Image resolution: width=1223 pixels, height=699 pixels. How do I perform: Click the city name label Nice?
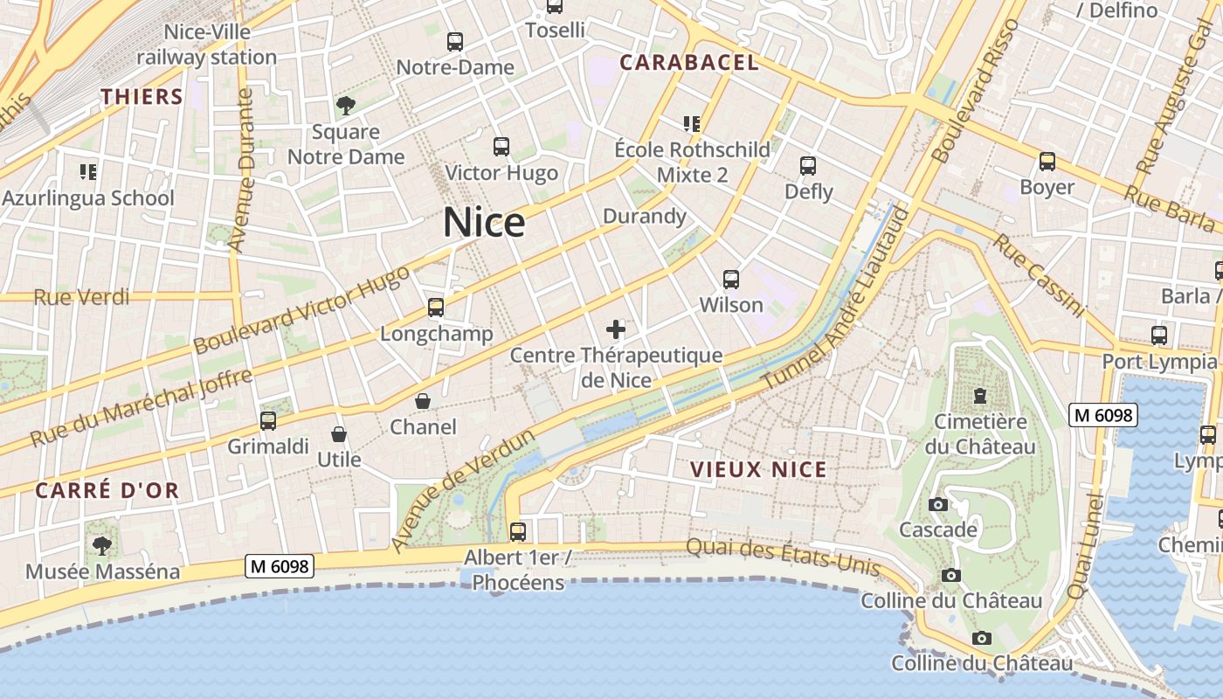click(484, 223)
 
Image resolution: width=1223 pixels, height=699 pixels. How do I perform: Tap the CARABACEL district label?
click(689, 63)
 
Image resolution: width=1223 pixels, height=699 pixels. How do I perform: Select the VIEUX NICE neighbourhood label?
click(758, 469)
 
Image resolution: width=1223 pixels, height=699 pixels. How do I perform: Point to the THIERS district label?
click(142, 97)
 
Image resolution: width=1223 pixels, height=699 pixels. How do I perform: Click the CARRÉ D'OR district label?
click(107, 490)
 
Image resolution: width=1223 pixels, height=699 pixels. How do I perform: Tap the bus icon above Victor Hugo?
click(501, 147)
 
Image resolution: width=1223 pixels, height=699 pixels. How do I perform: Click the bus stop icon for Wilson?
click(731, 280)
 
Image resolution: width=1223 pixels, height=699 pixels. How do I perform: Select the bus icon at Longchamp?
click(436, 308)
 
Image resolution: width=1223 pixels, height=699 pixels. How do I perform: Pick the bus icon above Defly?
click(808, 166)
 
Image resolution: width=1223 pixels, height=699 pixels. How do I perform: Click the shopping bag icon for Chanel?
click(423, 401)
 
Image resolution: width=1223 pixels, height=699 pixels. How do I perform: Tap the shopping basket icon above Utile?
click(339, 434)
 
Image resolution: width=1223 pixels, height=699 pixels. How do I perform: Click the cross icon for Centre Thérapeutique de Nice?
click(616, 329)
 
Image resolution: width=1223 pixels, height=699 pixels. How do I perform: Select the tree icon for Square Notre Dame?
click(346, 107)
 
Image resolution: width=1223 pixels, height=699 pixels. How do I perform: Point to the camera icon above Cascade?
click(938, 505)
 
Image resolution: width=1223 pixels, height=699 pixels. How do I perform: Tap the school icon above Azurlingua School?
click(87, 172)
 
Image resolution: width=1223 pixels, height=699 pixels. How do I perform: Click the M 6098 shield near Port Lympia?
click(1103, 415)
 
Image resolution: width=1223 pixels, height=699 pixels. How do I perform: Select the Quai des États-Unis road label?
click(783, 556)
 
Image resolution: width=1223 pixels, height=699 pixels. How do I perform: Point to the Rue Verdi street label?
click(81, 297)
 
